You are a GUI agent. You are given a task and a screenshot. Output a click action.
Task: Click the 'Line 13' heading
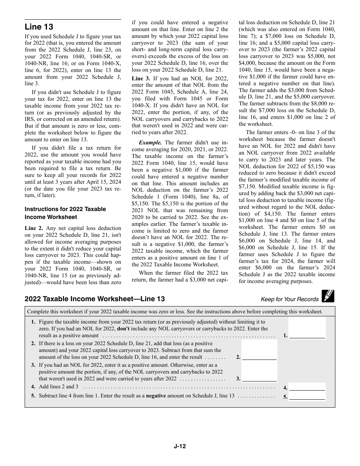click(39, 27)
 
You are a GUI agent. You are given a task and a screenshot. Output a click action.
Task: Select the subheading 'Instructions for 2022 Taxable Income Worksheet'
click(65, 213)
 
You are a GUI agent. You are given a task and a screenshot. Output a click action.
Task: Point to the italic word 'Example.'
click(150, 142)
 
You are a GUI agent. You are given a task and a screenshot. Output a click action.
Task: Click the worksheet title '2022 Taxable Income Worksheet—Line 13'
click(95, 299)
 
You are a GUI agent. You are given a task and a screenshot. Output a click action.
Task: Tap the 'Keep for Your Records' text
click(290, 299)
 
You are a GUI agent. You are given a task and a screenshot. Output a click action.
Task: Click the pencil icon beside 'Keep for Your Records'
click(328, 296)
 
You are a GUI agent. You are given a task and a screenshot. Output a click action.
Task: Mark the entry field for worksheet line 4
click(307, 387)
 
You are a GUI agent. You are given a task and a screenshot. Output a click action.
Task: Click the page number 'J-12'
click(180, 446)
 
